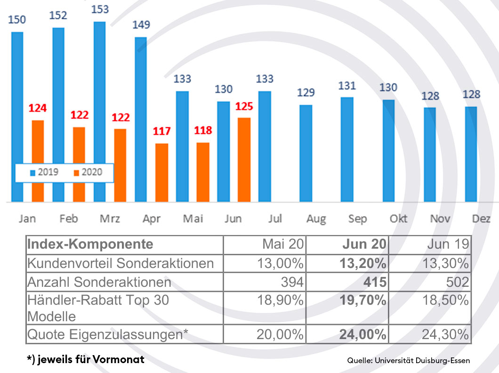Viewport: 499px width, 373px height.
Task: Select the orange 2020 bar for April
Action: point(161,172)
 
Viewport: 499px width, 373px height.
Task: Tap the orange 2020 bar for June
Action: point(244,160)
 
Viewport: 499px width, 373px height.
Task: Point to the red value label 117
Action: point(161,131)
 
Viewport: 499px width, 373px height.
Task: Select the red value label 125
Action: point(244,106)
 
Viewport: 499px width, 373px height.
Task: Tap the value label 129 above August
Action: point(306,92)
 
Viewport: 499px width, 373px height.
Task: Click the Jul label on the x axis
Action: point(275,219)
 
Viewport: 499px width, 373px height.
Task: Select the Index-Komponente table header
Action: point(90,244)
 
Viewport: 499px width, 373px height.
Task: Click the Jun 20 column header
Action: point(364,244)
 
